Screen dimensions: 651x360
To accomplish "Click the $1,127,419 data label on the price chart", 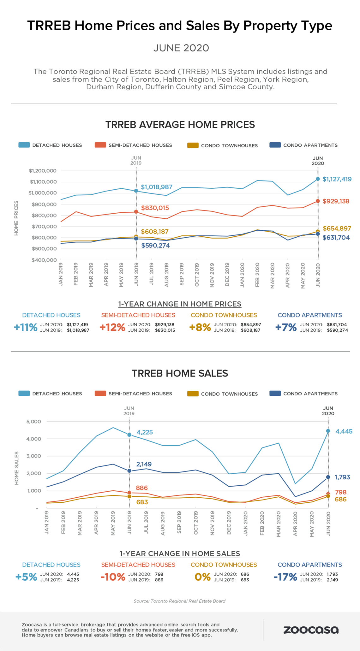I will [337, 179].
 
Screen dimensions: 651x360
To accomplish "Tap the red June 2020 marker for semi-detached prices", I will [318, 201].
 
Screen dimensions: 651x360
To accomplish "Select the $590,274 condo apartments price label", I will [155, 246].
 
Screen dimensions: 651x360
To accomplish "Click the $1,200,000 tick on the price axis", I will [43, 171].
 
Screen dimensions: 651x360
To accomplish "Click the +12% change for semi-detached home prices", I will [112, 327].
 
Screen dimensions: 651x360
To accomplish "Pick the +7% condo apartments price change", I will [286, 327].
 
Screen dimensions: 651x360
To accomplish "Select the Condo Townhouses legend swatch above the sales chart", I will [193, 394].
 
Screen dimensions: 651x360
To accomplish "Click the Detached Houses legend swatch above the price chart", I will [24, 145].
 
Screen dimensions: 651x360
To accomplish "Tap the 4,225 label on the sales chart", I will [145, 432].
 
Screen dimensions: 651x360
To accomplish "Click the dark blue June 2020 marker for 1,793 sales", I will [328, 477].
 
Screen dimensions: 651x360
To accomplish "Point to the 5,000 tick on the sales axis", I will [34, 422].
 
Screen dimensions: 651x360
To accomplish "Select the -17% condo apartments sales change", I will [285, 577].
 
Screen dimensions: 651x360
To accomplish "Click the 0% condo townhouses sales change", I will [202, 577].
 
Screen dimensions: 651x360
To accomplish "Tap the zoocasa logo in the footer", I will [311, 630].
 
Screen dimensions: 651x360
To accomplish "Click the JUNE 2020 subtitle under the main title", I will [181, 48].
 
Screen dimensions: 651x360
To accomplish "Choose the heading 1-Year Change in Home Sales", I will [180, 553].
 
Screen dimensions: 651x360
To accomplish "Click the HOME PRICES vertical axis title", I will [16, 218].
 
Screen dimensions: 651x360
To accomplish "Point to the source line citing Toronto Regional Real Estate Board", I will [179, 601].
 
